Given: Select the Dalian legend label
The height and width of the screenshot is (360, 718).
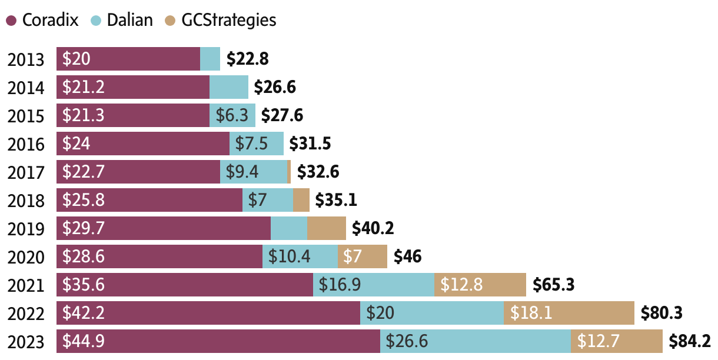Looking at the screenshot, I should (129, 20).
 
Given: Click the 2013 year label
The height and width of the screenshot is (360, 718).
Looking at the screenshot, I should (26, 59).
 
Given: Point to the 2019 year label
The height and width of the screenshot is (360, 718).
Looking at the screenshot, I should (26, 229).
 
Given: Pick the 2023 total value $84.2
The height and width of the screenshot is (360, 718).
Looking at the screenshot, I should (690, 341).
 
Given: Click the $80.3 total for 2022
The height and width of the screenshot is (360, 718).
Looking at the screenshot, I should (662, 312).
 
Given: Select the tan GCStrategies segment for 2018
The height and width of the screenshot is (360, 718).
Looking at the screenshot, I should (301, 200).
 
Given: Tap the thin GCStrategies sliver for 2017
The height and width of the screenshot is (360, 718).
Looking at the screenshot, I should (289, 172).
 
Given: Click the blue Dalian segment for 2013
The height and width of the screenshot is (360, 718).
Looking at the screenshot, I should (210, 59).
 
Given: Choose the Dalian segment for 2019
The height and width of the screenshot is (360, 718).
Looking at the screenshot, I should (289, 228).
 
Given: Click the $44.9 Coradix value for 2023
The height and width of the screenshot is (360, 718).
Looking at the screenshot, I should (84, 341).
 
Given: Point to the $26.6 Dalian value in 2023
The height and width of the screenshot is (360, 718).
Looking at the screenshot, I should (407, 341).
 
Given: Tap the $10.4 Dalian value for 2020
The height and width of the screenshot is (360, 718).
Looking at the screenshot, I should (290, 256).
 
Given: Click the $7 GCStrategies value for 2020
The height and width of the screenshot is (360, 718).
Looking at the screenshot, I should (353, 256).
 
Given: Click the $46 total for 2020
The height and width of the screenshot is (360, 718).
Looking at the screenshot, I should (407, 256).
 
